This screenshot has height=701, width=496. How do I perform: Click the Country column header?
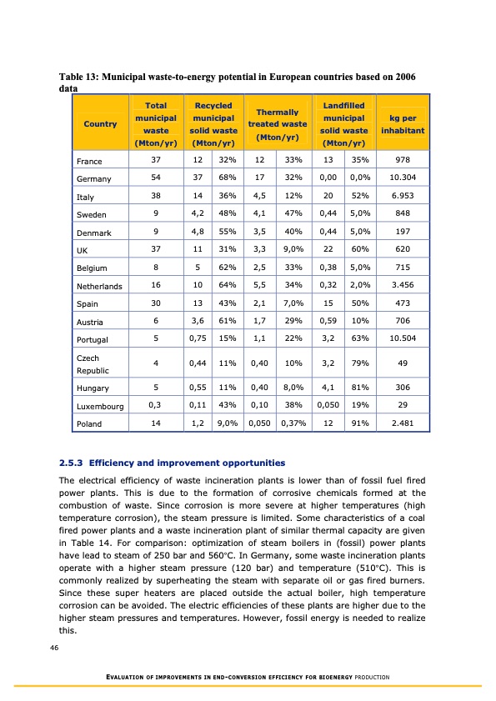click(x=100, y=124)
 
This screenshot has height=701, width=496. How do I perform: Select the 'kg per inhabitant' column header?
click(x=403, y=124)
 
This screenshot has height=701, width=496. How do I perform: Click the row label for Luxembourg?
click(x=99, y=406)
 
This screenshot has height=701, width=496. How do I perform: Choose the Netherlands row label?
click(x=99, y=286)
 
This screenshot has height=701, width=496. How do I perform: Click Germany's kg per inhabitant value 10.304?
click(x=403, y=178)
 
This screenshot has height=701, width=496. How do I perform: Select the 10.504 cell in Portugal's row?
click(x=403, y=338)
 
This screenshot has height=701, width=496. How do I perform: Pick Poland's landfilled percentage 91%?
click(x=360, y=423)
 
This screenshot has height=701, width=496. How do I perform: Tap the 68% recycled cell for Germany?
click(x=224, y=178)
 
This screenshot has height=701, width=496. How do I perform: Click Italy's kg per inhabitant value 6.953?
click(x=403, y=198)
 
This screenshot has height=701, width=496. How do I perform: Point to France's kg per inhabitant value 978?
click(x=403, y=158)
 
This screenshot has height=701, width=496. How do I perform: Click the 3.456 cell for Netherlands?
click(x=403, y=285)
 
